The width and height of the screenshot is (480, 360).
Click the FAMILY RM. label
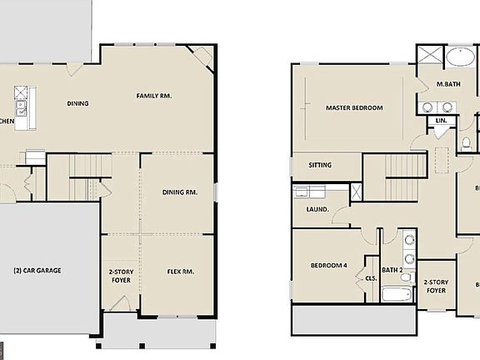pyautogui.click(x=154, y=97)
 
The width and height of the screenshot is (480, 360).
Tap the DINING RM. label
pyautogui.click(x=179, y=192)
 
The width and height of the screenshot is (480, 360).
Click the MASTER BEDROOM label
pyautogui.click(x=354, y=108)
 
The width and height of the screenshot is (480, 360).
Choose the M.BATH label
pyautogui.click(x=449, y=85)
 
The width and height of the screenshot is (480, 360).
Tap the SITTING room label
pyautogui.click(x=320, y=165)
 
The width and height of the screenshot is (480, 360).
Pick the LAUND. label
pyautogui.click(x=317, y=209)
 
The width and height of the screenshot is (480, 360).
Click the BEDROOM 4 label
pyautogui.click(x=328, y=265)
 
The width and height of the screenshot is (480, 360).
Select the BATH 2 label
pyautogui.click(x=392, y=269)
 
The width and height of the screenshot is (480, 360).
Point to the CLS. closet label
pyautogui.click(x=372, y=278)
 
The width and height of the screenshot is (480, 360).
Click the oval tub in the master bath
pyautogui.click(x=458, y=59)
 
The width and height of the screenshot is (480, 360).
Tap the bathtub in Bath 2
pyautogui.click(x=396, y=295)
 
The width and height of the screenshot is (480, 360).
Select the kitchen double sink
pyautogui.click(x=21, y=107)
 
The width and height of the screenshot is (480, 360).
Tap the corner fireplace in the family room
pyautogui.click(x=202, y=57)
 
